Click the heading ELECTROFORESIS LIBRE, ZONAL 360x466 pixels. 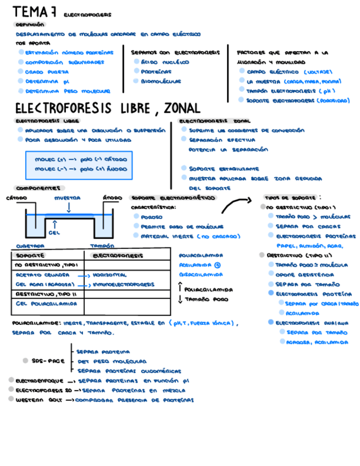point(107,108)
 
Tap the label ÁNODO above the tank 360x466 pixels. point(113,198)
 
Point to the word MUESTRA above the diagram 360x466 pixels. point(67,198)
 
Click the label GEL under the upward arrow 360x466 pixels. point(54,232)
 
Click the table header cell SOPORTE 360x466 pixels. point(27,256)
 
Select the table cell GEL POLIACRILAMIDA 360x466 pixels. point(46,303)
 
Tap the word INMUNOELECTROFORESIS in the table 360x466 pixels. point(123,285)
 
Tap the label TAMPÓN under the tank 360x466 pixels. point(102,246)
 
